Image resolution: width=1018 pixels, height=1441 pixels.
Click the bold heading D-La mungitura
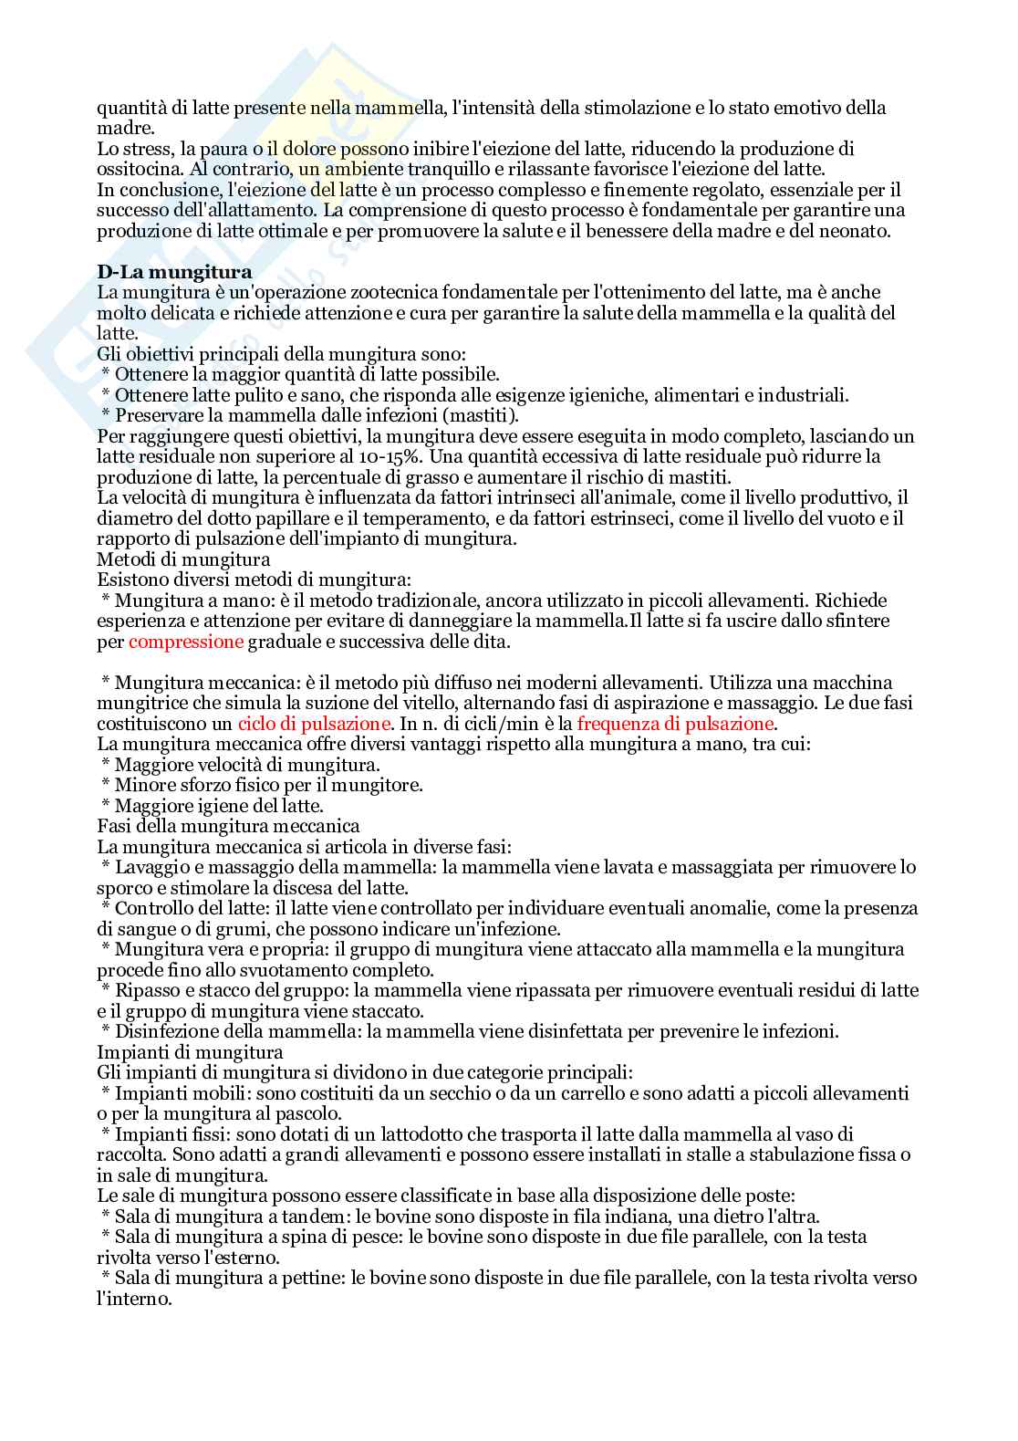coord(174,272)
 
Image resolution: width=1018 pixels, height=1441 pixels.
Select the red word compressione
coord(186,642)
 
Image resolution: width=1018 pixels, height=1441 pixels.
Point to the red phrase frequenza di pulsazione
coord(676,724)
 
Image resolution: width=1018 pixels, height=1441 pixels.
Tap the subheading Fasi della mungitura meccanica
coord(228,827)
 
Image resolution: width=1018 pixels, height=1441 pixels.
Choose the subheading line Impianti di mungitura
coord(190,1052)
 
